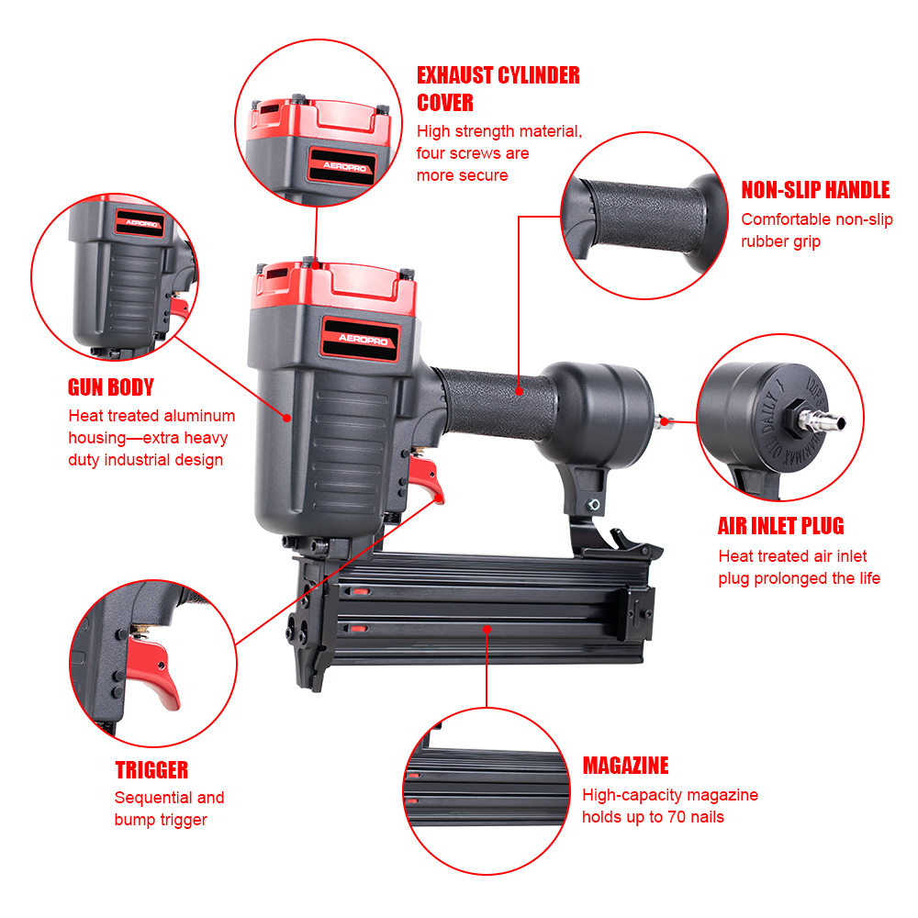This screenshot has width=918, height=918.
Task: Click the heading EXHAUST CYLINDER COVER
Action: pos(498,88)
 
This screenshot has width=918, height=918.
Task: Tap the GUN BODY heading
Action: pos(111,387)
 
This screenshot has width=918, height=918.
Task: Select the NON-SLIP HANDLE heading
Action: pos(815,190)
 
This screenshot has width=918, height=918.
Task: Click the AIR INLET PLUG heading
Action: pos(781,526)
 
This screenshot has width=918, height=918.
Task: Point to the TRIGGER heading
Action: pos(151,770)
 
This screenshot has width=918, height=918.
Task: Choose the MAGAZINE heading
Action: pos(625,766)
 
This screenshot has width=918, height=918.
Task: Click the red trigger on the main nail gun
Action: pos(428,478)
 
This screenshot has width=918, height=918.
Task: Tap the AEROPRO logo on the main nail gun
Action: pos(363,339)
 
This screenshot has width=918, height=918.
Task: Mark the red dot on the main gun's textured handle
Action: pos(519,392)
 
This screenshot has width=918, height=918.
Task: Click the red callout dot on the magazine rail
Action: pos(487,630)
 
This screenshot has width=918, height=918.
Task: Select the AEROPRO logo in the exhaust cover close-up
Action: pos(344,166)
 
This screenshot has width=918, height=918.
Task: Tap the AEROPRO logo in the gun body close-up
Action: pos(141,223)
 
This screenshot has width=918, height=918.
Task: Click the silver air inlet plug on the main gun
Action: pos(665,421)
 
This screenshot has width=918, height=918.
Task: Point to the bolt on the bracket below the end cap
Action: pos(594,504)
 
